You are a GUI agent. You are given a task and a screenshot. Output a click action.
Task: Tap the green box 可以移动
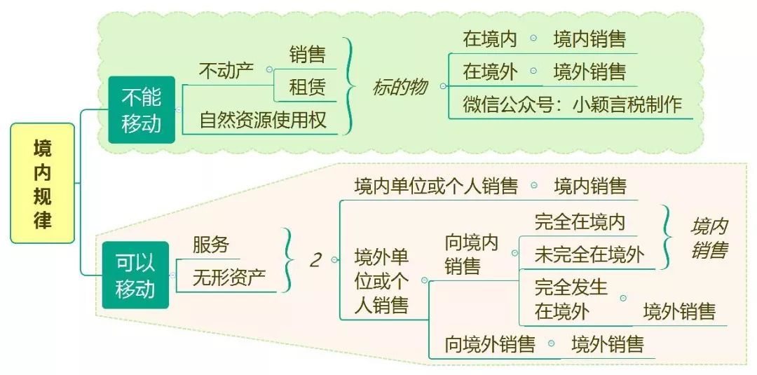point(135,275)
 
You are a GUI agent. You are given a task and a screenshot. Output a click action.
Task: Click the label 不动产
point(226,71)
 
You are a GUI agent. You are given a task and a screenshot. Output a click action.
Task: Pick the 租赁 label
point(307,88)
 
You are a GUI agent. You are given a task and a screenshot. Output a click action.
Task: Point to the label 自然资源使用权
point(263,120)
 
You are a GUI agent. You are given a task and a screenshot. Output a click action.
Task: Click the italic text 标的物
point(399,87)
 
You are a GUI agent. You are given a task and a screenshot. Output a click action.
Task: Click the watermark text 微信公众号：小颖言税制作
point(572,104)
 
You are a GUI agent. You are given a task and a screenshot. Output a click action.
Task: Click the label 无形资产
point(229,278)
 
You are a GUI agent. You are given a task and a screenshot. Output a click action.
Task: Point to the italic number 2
point(315,260)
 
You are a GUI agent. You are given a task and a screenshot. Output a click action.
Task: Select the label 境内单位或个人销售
point(436,186)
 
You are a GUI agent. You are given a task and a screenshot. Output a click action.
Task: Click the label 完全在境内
point(579,222)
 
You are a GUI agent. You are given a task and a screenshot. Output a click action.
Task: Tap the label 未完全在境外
point(589,254)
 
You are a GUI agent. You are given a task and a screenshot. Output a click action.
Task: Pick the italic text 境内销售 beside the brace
point(708,238)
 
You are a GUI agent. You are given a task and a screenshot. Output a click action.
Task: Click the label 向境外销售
point(490,344)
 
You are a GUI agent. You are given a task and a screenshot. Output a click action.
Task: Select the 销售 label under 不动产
point(307,54)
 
